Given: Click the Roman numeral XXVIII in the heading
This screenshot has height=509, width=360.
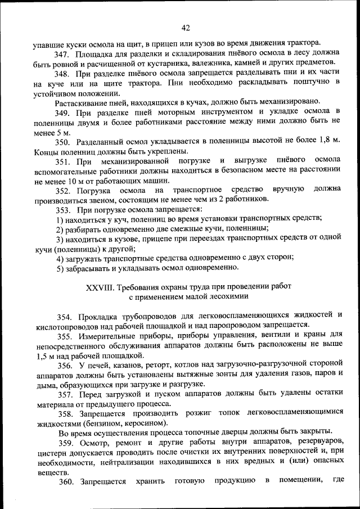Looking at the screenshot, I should pyautogui.click(x=99, y=287).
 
